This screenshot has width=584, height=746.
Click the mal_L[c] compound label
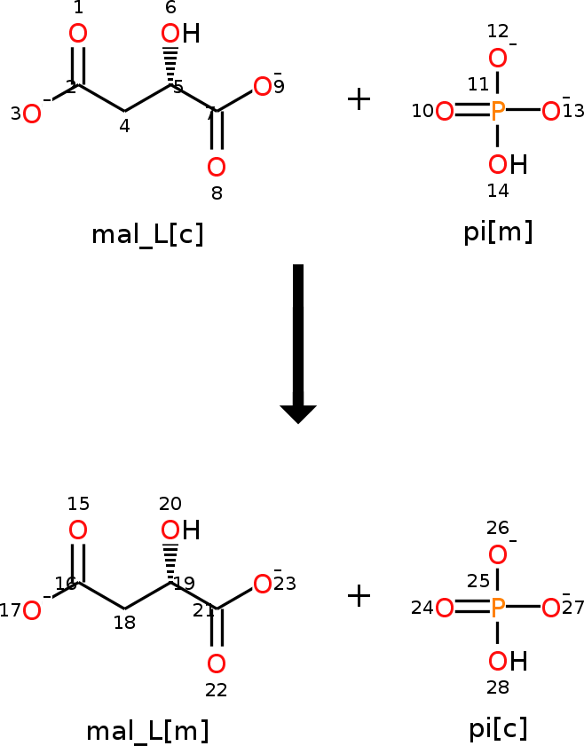click(147, 234)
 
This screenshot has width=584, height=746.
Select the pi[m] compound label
click(498, 232)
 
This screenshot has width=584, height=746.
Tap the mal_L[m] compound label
click(147, 731)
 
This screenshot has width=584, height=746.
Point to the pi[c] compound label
click(498, 729)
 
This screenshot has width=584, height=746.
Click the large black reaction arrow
click(298, 343)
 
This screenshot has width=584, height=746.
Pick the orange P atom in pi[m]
click(498, 111)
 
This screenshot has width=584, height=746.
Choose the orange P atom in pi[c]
click(498, 608)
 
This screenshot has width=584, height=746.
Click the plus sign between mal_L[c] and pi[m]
click(359, 99)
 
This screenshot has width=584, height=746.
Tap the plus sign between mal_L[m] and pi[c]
click(359, 596)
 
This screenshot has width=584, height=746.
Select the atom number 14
click(498, 191)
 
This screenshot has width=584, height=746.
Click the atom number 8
click(217, 193)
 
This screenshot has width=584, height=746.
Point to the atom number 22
click(216, 690)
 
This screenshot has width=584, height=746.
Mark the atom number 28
click(498, 687)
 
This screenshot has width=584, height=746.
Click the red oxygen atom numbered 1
click(78, 34)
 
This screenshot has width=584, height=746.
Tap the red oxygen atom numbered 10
click(445, 112)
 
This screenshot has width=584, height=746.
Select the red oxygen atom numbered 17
click(32, 611)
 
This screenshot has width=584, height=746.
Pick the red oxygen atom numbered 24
click(445, 608)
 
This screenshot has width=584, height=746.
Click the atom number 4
click(124, 126)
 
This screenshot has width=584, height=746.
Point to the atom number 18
click(124, 623)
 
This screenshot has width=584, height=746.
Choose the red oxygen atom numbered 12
click(498, 59)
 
